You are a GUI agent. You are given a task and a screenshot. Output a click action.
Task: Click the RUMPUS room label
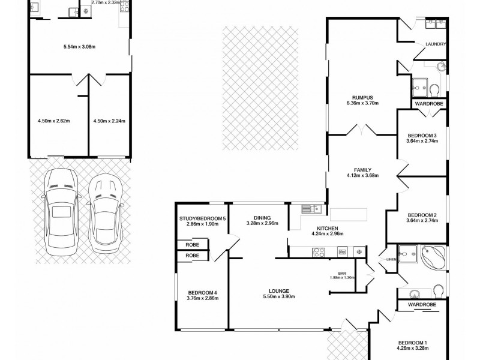[x=363, y=98]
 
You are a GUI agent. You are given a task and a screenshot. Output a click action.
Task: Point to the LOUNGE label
[x=281, y=290]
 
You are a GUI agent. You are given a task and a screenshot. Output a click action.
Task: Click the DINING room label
[x=262, y=218]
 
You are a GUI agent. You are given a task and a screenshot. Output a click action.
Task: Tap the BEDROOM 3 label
[x=422, y=136]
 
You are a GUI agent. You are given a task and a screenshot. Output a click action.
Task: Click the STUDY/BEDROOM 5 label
[x=202, y=218]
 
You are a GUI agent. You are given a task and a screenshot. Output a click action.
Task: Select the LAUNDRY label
[x=434, y=44]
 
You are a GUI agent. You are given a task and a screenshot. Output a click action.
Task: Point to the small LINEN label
[x=391, y=259]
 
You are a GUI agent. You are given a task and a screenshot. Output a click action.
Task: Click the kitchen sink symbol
[x=310, y=209]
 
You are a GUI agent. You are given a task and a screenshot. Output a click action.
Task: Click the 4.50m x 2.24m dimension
[x=110, y=121]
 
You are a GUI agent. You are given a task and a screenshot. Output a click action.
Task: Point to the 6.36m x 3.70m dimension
[x=363, y=104]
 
